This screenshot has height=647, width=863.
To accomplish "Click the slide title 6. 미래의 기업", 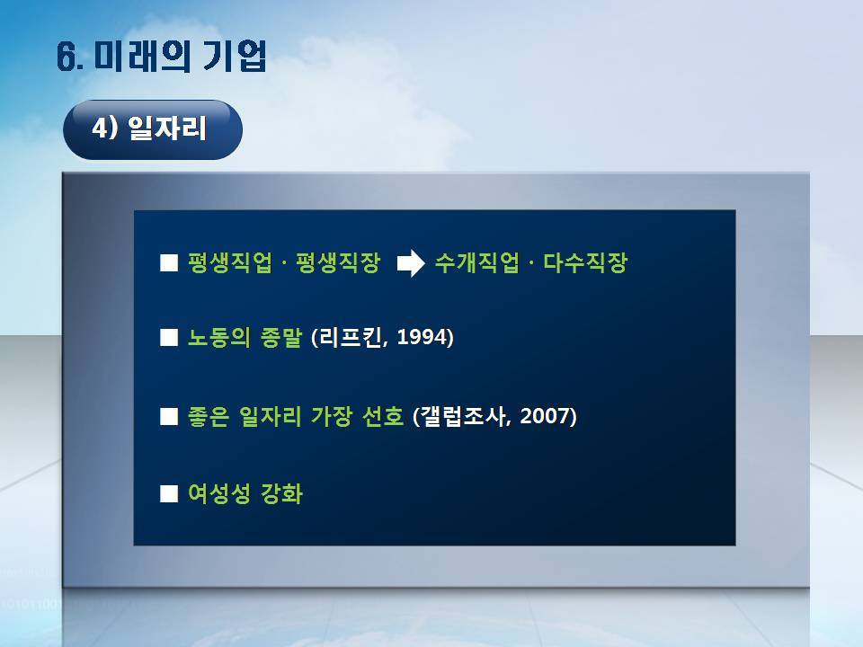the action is (x=162, y=56).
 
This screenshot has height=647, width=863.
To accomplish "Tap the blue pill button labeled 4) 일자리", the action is (x=153, y=129).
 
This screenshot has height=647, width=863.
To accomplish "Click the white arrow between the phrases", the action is (x=411, y=263).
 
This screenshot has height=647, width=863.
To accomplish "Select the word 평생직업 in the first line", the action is (x=230, y=262).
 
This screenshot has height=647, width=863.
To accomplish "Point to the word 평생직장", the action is (x=338, y=262).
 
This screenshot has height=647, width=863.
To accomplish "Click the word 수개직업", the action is (x=476, y=262).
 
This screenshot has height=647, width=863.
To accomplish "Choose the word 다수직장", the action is (x=585, y=262).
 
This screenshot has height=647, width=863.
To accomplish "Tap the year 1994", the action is (x=422, y=337).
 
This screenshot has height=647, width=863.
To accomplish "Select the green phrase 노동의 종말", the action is (x=245, y=337).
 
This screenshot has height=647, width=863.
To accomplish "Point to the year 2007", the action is (x=545, y=415).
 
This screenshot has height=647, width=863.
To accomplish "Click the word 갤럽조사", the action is (x=463, y=415).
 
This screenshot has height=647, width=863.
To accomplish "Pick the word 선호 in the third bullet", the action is (x=383, y=415).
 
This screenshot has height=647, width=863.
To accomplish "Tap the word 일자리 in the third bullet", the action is (x=271, y=415).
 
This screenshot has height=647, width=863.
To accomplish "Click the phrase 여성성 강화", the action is (x=245, y=493).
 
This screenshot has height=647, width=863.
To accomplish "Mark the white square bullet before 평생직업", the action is (x=169, y=263).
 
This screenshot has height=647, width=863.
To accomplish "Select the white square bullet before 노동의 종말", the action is (x=169, y=337).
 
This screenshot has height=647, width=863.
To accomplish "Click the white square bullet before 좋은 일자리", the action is (x=169, y=416).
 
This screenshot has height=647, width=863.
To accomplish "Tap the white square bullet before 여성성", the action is (x=169, y=494).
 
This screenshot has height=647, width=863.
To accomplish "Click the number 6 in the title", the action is (x=66, y=58).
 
